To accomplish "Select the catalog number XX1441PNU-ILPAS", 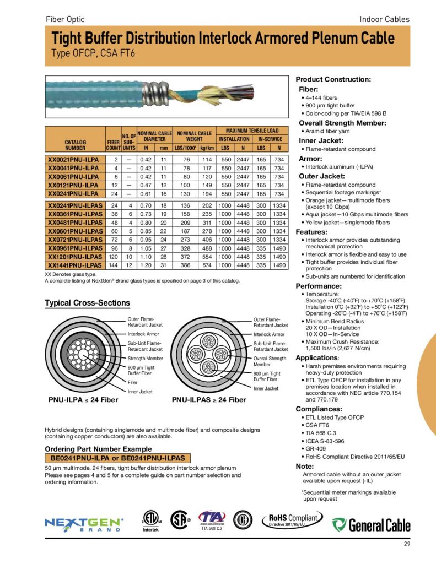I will coord(74,265).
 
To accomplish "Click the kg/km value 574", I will coord(207,265).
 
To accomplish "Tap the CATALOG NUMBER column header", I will coord(75,144).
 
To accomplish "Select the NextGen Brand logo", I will coord(84,524).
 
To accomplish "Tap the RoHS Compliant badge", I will coord(292,519).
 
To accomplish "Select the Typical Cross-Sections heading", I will coord(87,303).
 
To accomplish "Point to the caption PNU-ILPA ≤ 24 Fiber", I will coord(84,399).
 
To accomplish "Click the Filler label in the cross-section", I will coord(132,382).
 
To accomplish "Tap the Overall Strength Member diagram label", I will coord(270,361).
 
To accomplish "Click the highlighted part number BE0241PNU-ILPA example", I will coord(117,458).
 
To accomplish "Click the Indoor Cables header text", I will coord(384,19).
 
